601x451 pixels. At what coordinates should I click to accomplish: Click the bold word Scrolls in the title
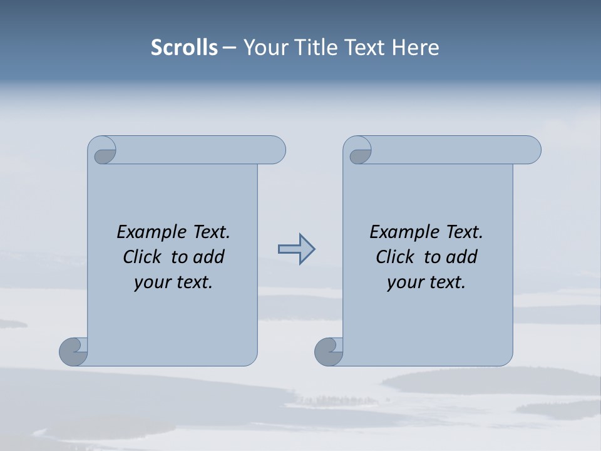pyautogui.click(x=184, y=48)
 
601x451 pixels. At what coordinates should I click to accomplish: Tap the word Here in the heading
pyautogui.click(x=416, y=48)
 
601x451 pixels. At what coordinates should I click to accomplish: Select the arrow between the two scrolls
pyautogui.click(x=296, y=249)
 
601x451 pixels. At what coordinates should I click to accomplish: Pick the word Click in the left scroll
pyautogui.click(x=143, y=257)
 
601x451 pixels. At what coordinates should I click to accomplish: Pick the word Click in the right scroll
pyautogui.click(x=395, y=257)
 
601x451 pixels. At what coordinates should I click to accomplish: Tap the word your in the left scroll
pyautogui.click(x=150, y=283)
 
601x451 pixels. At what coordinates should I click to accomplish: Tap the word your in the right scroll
pyautogui.click(x=403, y=283)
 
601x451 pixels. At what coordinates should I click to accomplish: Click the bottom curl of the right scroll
pyautogui.click(x=328, y=352)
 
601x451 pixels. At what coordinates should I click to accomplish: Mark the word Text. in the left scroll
pyautogui.click(x=211, y=232)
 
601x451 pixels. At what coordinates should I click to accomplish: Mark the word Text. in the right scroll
pyautogui.click(x=464, y=232)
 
